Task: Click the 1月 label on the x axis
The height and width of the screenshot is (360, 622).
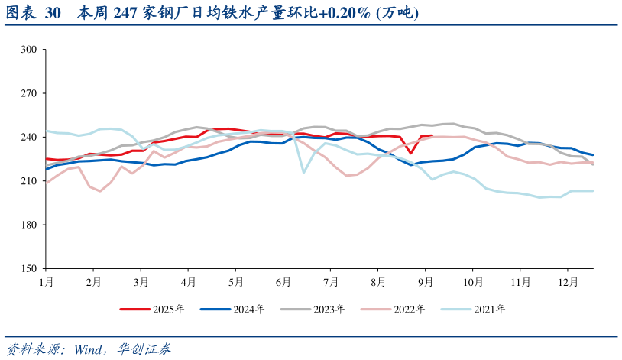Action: point(46,282)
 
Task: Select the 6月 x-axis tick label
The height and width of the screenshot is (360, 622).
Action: point(283,282)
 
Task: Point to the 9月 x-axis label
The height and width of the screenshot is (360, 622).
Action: point(426,282)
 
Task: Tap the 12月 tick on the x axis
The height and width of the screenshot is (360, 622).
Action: point(568,282)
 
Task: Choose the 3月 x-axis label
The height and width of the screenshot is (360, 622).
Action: point(141,282)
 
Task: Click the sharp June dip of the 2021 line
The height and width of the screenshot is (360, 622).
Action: point(304,172)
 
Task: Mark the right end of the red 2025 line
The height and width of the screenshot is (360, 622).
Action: point(432,135)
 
